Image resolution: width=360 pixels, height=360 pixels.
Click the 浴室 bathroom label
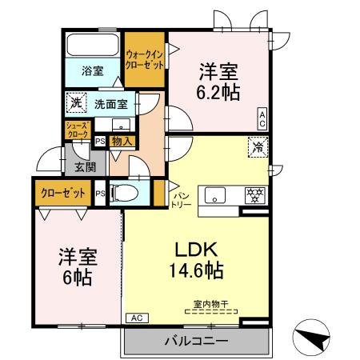coord(92,70)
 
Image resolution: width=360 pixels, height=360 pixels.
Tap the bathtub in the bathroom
coord(92,44)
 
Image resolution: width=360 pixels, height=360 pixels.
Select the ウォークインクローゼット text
coord(144,59)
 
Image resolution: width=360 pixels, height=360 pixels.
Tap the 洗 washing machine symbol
coord(74,102)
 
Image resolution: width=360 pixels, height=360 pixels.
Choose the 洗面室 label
coord(111,103)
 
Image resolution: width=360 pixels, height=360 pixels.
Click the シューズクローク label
coord(77,130)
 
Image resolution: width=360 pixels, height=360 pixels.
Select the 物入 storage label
coord(122,141)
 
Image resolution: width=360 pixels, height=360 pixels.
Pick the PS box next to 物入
coord(100,141)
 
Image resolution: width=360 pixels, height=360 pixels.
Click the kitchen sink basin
coord(216,194)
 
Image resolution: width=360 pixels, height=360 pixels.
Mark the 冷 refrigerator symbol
coord(258,146)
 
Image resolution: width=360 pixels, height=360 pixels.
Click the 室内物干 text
coord(210,303)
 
